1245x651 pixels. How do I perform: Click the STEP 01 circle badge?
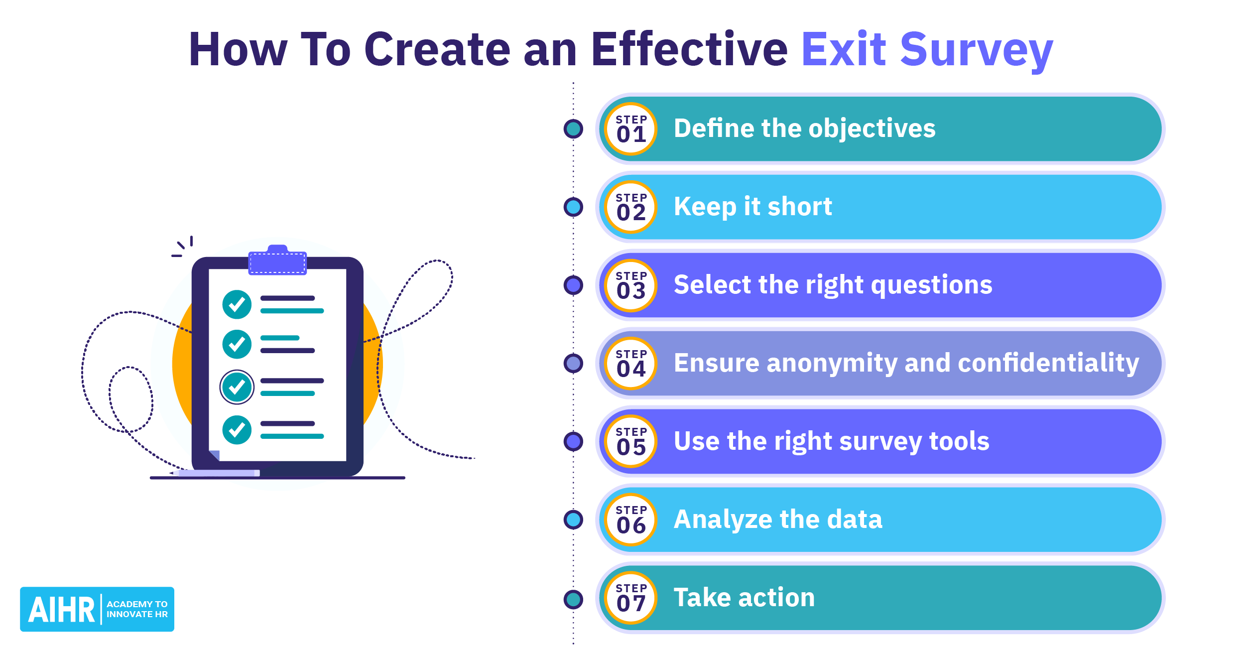click(x=630, y=129)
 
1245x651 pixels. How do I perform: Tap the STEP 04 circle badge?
click(x=630, y=364)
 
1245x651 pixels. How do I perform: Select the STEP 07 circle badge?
click(x=630, y=598)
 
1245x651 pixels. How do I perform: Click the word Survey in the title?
click(x=976, y=50)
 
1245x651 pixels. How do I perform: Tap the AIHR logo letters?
click(x=61, y=610)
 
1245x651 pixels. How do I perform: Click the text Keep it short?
click(x=752, y=207)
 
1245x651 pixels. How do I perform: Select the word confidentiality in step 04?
click(x=1048, y=363)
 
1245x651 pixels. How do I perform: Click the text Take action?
click(x=744, y=598)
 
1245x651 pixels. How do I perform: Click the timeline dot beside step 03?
click(x=573, y=285)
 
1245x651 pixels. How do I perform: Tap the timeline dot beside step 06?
click(x=573, y=520)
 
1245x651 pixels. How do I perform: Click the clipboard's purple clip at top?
click(x=277, y=261)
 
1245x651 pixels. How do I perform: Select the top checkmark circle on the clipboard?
click(x=237, y=304)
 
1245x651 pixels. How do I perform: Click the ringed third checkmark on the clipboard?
click(x=237, y=387)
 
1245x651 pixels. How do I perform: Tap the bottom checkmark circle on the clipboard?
click(x=237, y=430)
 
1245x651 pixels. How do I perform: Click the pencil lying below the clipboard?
click(x=217, y=473)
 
